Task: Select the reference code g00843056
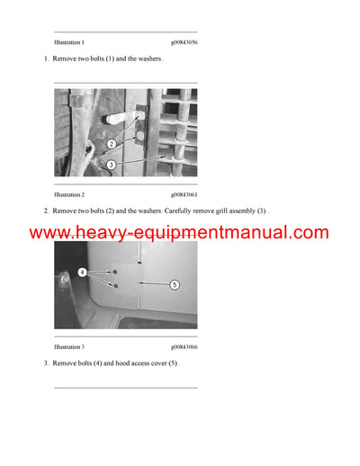[184, 42]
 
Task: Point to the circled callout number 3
[111, 165]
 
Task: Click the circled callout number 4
[82, 272]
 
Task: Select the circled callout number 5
[175, 283]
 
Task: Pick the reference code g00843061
[184, 194]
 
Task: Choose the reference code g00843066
[184, 346]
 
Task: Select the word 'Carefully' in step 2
[180, 211]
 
